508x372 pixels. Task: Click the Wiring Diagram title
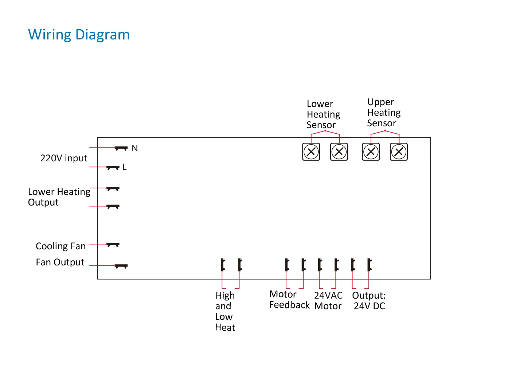pyautogui.click(x=79, y=35)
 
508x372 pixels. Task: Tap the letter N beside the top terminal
pyautogui.click(x=135, y=149)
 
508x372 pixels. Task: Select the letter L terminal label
pyautogui.click(x=125, y=167)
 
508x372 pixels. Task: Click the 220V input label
pyautogui.click(x=64, y=158)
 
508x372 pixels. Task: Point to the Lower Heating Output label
pyautogui.click(x=59, y=197)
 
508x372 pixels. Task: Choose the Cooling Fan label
pyautogui.click(x=61, y=246)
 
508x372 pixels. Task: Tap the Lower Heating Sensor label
pyautogui.click(x=323, y=114)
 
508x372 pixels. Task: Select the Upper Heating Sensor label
pyautogui.click(x=384, y=113)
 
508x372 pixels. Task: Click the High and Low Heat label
pyautogui.click(x=225, y=312)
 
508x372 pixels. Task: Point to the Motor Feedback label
pyautogui.click(x=289, y=300)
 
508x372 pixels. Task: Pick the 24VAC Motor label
pyautogui.click(x=328, y=301)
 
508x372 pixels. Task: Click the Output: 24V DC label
pyautogui.click(x=369, y=301)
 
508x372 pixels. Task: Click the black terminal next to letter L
pyautogui.click(x=113, y=168)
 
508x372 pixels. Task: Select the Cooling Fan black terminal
pyautogui.click(x=113, y=245)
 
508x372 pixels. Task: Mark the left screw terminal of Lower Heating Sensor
pyautogui.click(x=311, y=152)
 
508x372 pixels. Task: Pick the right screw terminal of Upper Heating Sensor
pyautogui.click(x=399, y=152)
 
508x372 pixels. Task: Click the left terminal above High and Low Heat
pyautogui.click(x=223, y=265)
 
